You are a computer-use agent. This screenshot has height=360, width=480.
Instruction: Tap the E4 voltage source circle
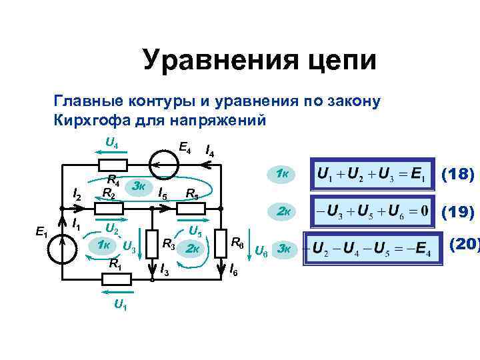(x=159, y=163)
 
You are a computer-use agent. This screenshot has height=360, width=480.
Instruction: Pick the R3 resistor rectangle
(x=153, y=242)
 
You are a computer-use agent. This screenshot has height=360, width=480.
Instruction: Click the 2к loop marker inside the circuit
(x=193, y=249)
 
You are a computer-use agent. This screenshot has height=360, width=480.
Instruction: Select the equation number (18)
(x=458, y=175)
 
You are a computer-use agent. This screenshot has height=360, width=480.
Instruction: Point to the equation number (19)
(x=458, y=213)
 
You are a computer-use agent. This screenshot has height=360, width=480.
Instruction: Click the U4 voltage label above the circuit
(x=112, y=142)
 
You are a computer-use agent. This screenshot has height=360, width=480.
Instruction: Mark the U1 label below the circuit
(x=121, y=307)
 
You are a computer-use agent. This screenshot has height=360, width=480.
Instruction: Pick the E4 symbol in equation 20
(x=421, y=251)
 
